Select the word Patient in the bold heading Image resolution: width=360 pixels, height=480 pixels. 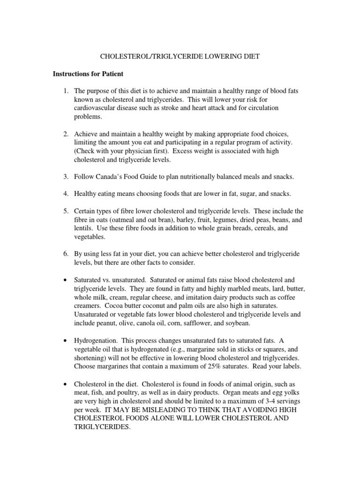click(x=111, y=74)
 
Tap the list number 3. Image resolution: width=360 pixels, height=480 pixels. click(x=66, y=177)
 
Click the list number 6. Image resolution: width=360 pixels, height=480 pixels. click(x=66, y=253)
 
